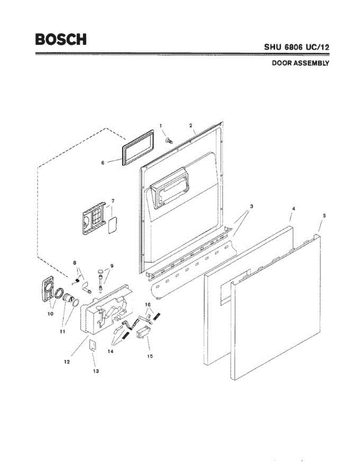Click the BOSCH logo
tap(61, 39)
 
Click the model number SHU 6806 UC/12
tap(297, 47)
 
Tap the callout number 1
tap(160, 125)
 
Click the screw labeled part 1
tap(169, 140)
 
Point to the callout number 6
tap(103, 163)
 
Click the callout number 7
tap(113, 201)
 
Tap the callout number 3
tap(251, 206)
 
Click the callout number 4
tap(293, 209)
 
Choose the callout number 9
tap(112, 266)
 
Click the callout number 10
tap(50, 314)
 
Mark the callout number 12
tap(67, 362)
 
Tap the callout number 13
tap(96, 371)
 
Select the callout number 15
tap(150, 356)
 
